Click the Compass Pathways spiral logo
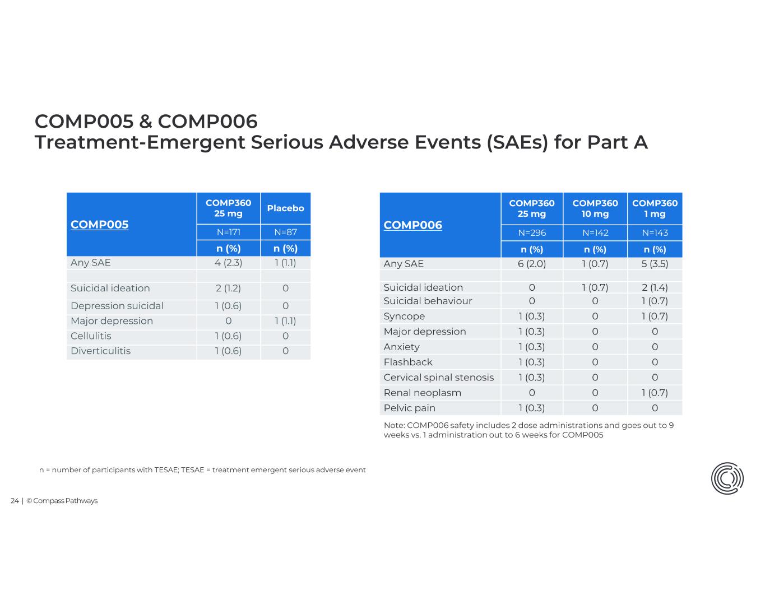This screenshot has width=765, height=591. click(x=727, y=479)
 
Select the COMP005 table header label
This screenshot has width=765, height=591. click(x=99, y=225)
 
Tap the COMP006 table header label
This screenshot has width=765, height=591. click(x=412, y=225)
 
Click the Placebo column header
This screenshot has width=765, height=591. click(x=285, y=208)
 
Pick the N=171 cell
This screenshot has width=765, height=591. click(x=228, y=232)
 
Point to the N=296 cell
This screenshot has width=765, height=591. click(x=531, y=233)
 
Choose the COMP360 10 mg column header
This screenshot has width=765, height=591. click(x=595, y=208)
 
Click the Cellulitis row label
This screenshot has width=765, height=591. click(x=91, y=336)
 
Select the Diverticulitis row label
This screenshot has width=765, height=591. click(x=100, y=351)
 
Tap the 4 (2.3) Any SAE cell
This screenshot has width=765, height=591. click(x=228, y=263)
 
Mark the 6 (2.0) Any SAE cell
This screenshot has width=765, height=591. click(x=531, y=264)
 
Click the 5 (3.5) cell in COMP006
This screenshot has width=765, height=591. click(x=655, y=264)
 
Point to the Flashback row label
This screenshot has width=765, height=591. click(x=407, y=362)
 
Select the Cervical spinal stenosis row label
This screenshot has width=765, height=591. click(x=438, y=378)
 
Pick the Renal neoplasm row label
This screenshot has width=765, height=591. click(x=422, y=393)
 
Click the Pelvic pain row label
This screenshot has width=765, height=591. click(x=409, y=408)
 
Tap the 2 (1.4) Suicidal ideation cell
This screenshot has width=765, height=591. click(x=655, y=287)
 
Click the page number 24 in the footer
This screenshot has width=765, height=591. click(x=15, y=501)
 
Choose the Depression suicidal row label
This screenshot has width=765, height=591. click(x=117, y=306)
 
